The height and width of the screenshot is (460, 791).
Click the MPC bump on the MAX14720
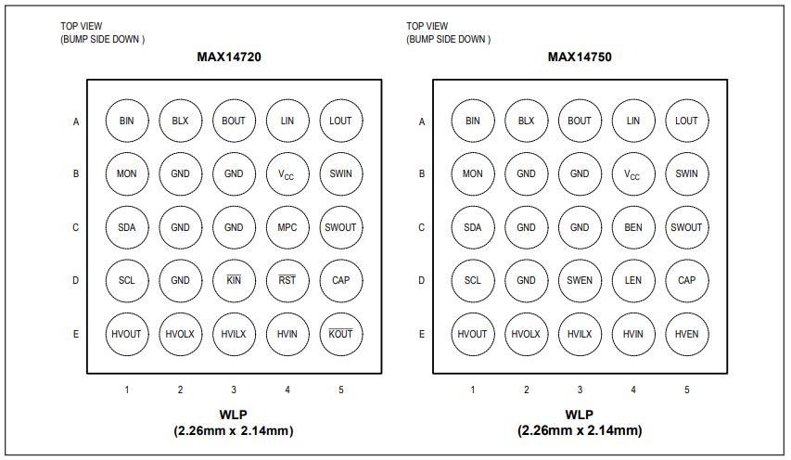point(287,227)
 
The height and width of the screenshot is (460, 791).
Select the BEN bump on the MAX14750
point(633,227)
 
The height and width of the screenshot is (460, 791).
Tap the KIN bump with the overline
point(234,280)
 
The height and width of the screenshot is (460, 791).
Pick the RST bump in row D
point(287,280)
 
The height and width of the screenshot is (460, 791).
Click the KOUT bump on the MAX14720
point(340,334)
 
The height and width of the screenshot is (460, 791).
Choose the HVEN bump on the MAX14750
point(686,334)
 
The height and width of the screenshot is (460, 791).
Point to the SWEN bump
point(580,280)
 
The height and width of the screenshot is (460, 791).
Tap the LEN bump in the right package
point(633,280)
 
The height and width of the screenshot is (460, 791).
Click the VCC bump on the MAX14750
point(633,174)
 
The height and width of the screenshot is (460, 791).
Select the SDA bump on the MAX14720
point(127,227)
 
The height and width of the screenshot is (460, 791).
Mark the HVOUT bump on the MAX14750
point(473,334)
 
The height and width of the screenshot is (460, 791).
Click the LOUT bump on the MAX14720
point(340,121)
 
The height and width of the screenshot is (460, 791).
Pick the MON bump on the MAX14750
point(473,174)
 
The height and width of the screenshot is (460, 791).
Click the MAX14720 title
point(229,57)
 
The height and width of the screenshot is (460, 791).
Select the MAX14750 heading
point(580,57)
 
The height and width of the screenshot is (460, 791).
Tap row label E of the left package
point(76,334)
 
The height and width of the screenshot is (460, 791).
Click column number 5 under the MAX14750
point(686,390)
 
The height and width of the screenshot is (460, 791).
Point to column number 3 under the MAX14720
point(234,390)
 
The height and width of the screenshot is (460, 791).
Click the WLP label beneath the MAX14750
point(580,415)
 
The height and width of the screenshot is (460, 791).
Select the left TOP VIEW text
point(82,26)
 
